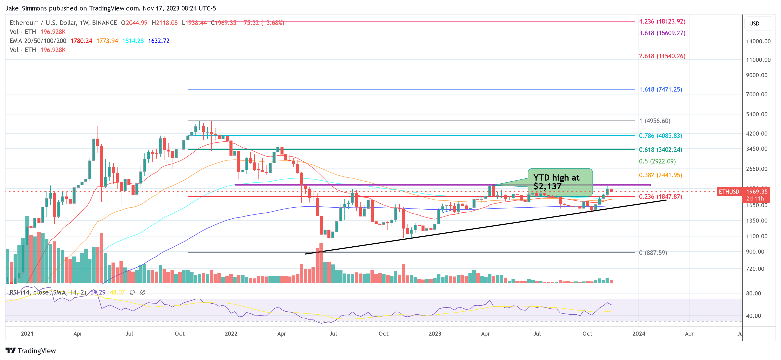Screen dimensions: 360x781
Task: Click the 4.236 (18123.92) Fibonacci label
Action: click(662, 22)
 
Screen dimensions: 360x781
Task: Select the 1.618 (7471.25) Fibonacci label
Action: click(660, 89)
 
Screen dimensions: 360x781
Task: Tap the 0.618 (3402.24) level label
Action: click(660, 150)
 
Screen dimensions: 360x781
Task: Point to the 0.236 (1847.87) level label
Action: click(660, 197)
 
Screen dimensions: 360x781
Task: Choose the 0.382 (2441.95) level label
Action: click(660, 175)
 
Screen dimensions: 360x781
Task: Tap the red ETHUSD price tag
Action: click(729, 192)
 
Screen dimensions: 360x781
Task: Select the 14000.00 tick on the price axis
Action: click(758, 42)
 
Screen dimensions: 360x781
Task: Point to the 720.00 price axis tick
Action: click(755, 269)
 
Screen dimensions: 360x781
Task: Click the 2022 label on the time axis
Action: click(231, 334)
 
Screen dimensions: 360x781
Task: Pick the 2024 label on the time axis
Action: click(638, 334)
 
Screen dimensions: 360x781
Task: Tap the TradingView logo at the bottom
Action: click(31, 351)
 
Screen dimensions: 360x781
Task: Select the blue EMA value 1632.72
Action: click(159, 41)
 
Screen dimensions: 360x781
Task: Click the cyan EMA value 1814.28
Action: click(133, 41)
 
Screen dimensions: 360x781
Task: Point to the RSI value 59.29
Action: click(98, 292)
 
